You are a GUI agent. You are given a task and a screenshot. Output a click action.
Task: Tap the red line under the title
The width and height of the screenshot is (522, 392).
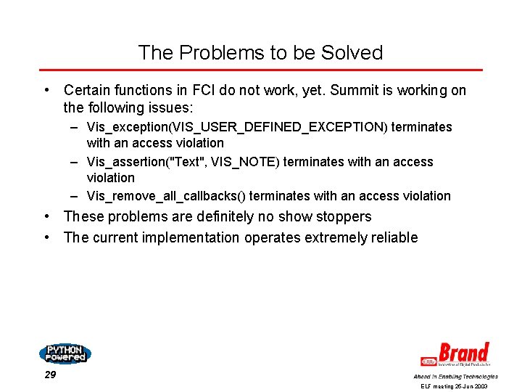point(260,70)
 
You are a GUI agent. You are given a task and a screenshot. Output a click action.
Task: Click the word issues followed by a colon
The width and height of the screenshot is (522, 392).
point(164,108)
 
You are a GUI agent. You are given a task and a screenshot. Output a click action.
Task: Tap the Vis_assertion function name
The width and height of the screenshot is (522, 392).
point(125,162)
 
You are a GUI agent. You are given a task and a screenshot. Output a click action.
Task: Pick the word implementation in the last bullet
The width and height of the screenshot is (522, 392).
point(194,237)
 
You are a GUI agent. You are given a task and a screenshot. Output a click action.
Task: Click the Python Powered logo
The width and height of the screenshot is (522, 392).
point(65,353)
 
